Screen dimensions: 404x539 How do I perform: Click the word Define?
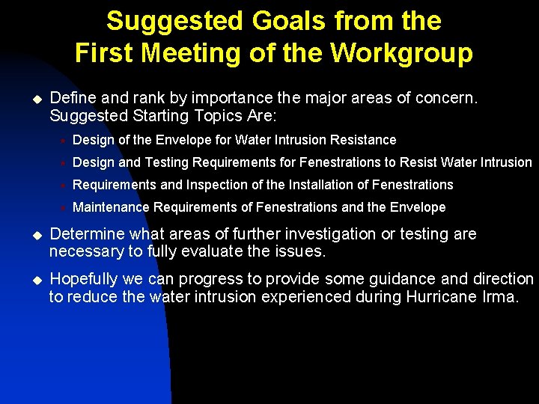pos(70,98)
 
